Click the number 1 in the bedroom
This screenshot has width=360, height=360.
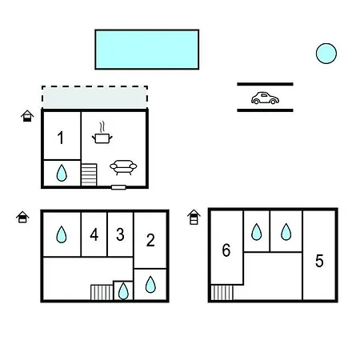point(61,138)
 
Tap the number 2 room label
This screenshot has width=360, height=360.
point(150,240)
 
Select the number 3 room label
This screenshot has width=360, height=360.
point(120,234)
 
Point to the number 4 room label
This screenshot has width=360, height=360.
point(94,235)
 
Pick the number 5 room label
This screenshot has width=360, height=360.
point(319,261)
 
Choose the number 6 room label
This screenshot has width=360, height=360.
point(226,250)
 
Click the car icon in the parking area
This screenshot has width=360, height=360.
point(265,98)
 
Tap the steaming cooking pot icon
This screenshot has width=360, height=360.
point(102,134)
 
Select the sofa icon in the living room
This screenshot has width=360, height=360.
point(123,167)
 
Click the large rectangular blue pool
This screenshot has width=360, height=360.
point(147,50)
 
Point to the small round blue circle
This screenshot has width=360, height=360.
point(326,54)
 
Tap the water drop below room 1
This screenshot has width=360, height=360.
point(62,173)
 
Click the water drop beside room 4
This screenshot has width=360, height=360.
point(62,234)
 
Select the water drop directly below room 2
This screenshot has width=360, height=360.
point(150,285)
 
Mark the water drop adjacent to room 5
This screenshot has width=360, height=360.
point(286,232)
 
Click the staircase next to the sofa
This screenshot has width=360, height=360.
point(89,174)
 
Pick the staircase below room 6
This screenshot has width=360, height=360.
point(222,293)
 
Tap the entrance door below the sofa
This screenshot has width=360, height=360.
point(118,187)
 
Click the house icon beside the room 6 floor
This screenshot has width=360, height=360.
point(194,217)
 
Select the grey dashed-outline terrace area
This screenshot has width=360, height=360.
point(94,97)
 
